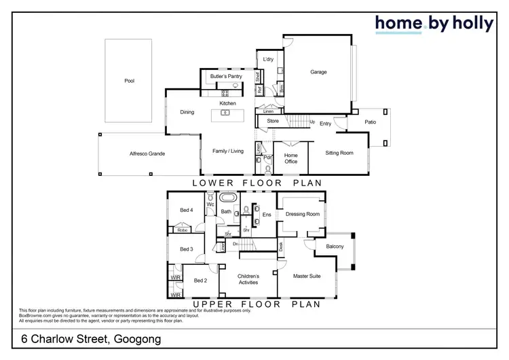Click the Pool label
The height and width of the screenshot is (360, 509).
(x=129, y=81)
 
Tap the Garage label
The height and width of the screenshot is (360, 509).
(x=318, y=72)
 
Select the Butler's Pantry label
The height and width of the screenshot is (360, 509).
(x=226, y=77)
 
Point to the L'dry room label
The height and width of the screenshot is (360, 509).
(x=267, y=60)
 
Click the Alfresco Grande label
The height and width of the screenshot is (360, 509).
(x=147, y=154)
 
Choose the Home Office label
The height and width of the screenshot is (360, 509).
(x=290, y=158)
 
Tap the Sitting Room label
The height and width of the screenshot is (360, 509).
(x=339, y=153)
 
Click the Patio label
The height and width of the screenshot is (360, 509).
(x=370, y=122)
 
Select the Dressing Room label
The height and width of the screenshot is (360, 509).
(x=302, y=214)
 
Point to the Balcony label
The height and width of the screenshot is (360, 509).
(x=335, y=247)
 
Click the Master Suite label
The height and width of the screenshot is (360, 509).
(x=306, y=276)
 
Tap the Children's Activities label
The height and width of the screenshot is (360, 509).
(x=247, y=279)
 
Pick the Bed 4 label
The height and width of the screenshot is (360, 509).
(x=186, y=211)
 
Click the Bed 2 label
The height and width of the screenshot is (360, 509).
(x=200, y=281)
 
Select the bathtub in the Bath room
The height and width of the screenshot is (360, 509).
(x=229, y=198)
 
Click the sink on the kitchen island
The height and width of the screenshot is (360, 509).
(x=225, y=113)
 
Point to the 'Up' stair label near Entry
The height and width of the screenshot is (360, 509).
(x=312, y=122)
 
